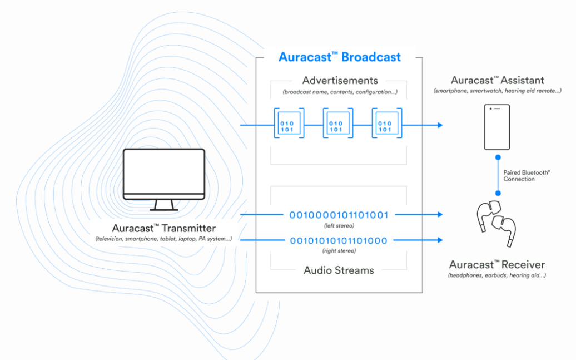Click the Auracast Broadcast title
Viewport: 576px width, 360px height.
tap(339, 57)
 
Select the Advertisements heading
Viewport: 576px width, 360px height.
tap(340, 81)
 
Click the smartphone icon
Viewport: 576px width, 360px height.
tap(497, 126)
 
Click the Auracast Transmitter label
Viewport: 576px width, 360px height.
tap(164, 228)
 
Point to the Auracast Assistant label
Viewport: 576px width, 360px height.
tap(497, 80)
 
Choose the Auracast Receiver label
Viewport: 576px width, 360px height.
tap(497, 264)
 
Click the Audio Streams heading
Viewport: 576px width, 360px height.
tap(339, 270)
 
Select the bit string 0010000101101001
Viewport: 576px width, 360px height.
tap(338, 215)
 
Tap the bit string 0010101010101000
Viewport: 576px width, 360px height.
tap(338, 240)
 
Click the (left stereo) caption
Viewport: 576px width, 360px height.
tap(338, 226)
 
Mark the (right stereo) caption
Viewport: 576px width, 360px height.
tap(338, 251)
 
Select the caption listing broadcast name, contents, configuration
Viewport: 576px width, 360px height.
tap(340, 91)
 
